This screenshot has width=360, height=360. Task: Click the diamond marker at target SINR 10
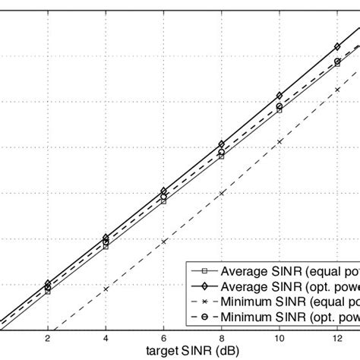click(x=279, y=96)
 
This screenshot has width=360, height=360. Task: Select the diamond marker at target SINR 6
click(x=164, y=191)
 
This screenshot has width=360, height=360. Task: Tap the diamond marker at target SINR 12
click(x=337, y=47)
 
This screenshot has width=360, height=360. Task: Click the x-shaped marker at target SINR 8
click(x=222, y=194)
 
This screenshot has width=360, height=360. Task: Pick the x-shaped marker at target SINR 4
click(x=106, y=289)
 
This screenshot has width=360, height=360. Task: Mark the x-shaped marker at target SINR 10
click(x=279, y=141)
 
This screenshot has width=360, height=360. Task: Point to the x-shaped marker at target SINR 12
click(x=337, y=90)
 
